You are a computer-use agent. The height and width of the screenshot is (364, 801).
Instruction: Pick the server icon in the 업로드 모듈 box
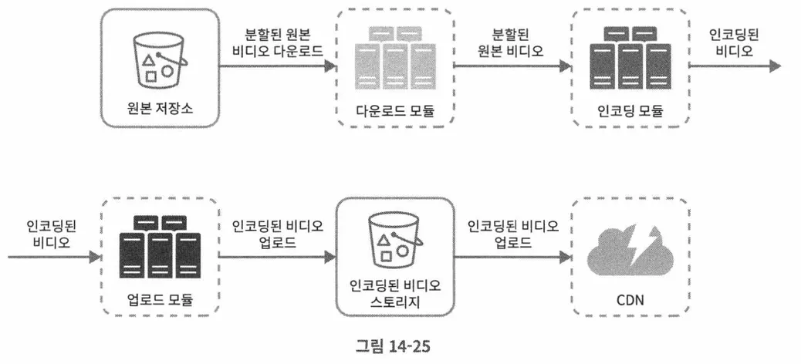[x=161, y=245]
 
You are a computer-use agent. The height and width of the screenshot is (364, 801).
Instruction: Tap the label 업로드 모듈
[x=161, y=298]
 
